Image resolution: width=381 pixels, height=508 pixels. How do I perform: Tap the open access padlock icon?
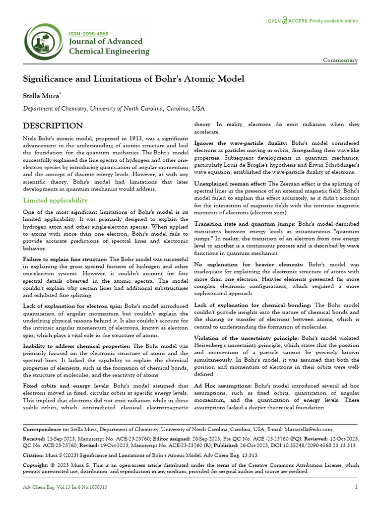(284, 21)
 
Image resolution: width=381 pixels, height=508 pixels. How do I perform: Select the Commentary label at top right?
(340, 60)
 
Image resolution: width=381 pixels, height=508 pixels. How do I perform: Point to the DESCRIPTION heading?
(53, 126)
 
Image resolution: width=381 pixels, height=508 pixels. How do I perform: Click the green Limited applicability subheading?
(56, 200)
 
